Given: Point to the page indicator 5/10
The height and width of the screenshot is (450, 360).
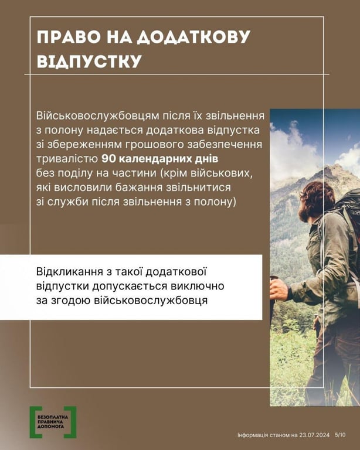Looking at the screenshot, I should pos(340,435).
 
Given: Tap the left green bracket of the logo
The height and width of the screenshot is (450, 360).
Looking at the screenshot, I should pos(33,422).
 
